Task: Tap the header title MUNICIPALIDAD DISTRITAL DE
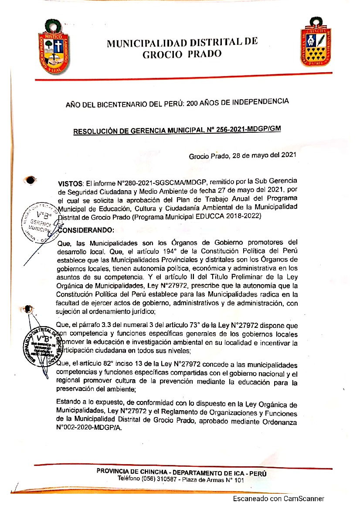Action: tap(182, 43)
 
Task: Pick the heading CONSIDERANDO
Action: tap(85, 229)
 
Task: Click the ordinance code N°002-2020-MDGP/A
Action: tap(90, 428)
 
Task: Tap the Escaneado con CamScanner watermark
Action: tap(278, 499)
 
